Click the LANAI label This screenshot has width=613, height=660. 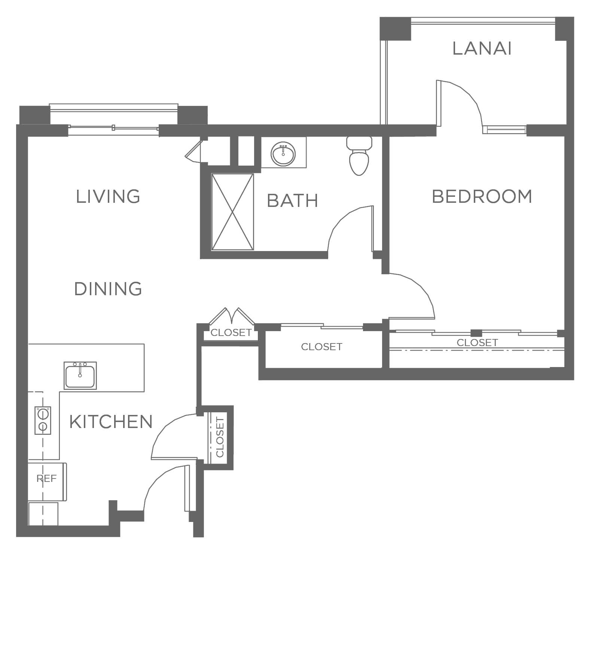click(482, 49)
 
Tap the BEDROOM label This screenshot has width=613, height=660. click(482, 196)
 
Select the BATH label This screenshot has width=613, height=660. click(293, 201)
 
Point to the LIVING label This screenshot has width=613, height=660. click(108, 196)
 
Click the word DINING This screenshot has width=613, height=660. click(108, 289)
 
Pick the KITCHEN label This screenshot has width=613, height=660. click(111, 422)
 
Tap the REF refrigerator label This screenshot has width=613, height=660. click(47, 479)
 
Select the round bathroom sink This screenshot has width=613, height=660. click(283, 153)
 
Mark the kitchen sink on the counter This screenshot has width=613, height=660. click(80, 375)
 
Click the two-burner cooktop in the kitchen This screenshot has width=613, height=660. click(43, 421)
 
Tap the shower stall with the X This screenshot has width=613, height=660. click(233, 212)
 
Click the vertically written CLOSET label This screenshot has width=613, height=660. click(220, 437)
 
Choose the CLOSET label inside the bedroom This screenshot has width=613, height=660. click(477, 342)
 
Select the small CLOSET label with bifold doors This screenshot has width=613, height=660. click(231, 333)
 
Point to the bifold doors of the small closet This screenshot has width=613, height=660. click(232, 316)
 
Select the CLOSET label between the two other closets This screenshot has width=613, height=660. click(321, 347)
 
